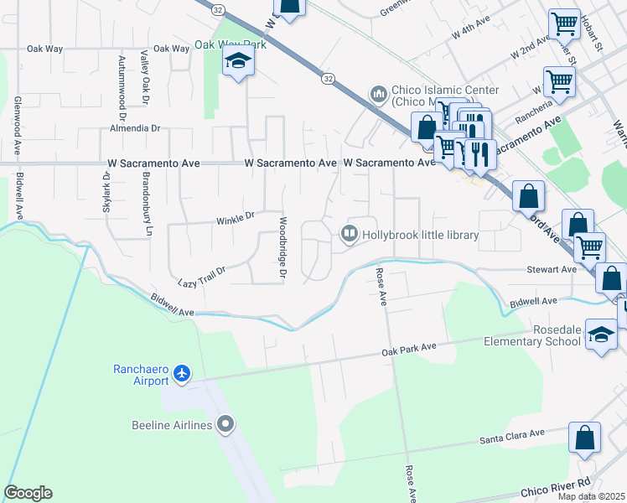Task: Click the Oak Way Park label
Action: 230,44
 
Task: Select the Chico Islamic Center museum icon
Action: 378,92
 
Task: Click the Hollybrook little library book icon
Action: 349,235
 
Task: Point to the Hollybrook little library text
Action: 420,236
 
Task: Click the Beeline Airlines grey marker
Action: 224,425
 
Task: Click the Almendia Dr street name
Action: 134,128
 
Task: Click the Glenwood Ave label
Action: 16,125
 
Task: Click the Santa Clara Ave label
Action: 511,437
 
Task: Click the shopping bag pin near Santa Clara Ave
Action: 584,438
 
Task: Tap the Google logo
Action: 28,493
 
